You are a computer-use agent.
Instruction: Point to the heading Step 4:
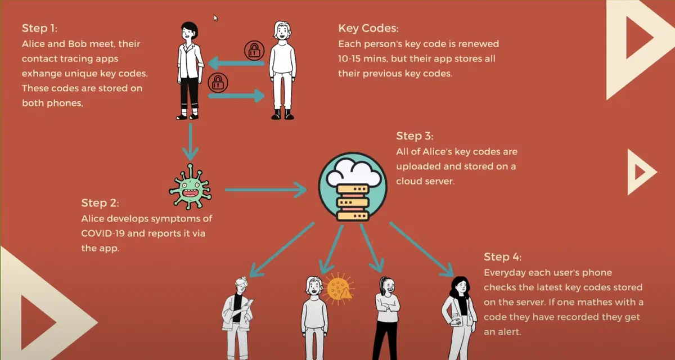502,257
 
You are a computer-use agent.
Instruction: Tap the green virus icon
190,186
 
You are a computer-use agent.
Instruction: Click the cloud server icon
352,187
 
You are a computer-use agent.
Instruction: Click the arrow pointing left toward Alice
236,63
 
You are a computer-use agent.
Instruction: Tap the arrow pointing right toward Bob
236,96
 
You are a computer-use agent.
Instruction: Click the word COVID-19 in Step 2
106,233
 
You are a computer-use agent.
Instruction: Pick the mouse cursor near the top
215,17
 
